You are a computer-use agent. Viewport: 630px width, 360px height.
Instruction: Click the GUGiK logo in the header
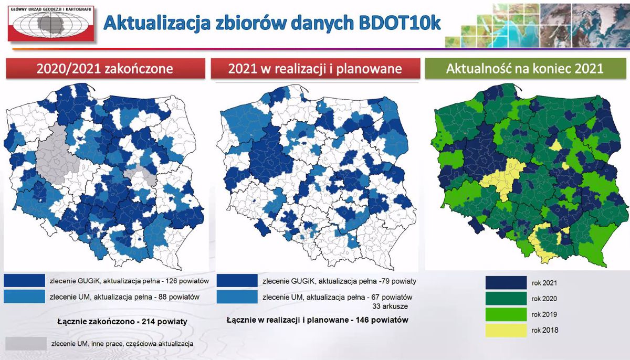51,24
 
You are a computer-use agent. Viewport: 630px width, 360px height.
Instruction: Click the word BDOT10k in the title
400,23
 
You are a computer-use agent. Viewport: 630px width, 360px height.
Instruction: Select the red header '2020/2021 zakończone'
106,69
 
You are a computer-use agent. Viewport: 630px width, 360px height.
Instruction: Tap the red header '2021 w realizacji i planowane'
316,69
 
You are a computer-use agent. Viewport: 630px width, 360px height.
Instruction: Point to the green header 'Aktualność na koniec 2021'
524,69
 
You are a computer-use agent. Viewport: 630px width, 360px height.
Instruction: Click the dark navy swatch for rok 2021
506,283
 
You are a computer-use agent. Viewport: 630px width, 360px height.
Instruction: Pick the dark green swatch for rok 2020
506,299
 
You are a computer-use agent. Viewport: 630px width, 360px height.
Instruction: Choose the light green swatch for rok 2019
506,314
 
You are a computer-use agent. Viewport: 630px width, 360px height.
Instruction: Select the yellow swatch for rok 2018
506,331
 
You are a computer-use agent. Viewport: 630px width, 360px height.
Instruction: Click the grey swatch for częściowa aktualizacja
26,344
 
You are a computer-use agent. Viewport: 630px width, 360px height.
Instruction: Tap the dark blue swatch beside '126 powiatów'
25,280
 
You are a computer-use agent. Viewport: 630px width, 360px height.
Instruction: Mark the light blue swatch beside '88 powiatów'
25,297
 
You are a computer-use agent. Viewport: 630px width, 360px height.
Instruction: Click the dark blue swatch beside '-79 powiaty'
237,280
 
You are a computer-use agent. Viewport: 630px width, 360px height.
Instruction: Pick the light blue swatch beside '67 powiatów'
237,297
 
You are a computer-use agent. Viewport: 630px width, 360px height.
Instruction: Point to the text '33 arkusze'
390,306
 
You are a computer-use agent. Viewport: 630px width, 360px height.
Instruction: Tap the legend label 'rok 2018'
545,330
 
